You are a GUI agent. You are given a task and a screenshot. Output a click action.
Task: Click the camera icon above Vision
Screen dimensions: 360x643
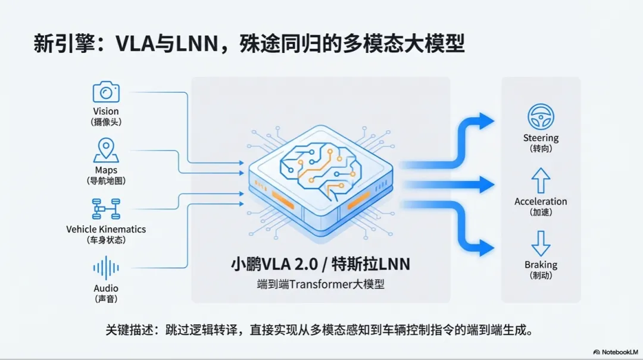coord(106,92)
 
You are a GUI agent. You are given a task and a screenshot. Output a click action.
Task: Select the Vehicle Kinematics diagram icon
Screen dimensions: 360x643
coord(106,209)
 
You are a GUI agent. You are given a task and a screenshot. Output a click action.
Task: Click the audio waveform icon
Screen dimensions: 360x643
coord(106,267)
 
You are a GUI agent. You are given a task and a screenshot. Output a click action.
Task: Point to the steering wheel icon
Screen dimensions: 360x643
coord(541,117)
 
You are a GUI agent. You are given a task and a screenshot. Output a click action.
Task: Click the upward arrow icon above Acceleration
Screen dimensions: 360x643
coord(541,180)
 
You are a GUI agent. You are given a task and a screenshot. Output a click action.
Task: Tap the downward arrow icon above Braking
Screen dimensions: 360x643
coord(541,243)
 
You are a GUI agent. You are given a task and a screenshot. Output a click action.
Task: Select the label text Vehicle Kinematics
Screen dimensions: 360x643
coord(106,229)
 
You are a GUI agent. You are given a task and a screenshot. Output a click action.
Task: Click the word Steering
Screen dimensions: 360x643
coord(541,138)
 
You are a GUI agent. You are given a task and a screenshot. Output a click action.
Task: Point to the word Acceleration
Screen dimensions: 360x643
coord(541,202)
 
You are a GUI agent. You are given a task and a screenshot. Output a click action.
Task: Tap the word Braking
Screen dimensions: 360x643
coord(541,265)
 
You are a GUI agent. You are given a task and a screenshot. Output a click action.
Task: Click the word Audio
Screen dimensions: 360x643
coord(106,289)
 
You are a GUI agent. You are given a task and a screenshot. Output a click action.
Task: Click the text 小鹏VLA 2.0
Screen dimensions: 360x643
coord(265,264)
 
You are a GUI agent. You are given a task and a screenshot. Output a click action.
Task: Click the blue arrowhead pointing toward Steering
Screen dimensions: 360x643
coord(487,121)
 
